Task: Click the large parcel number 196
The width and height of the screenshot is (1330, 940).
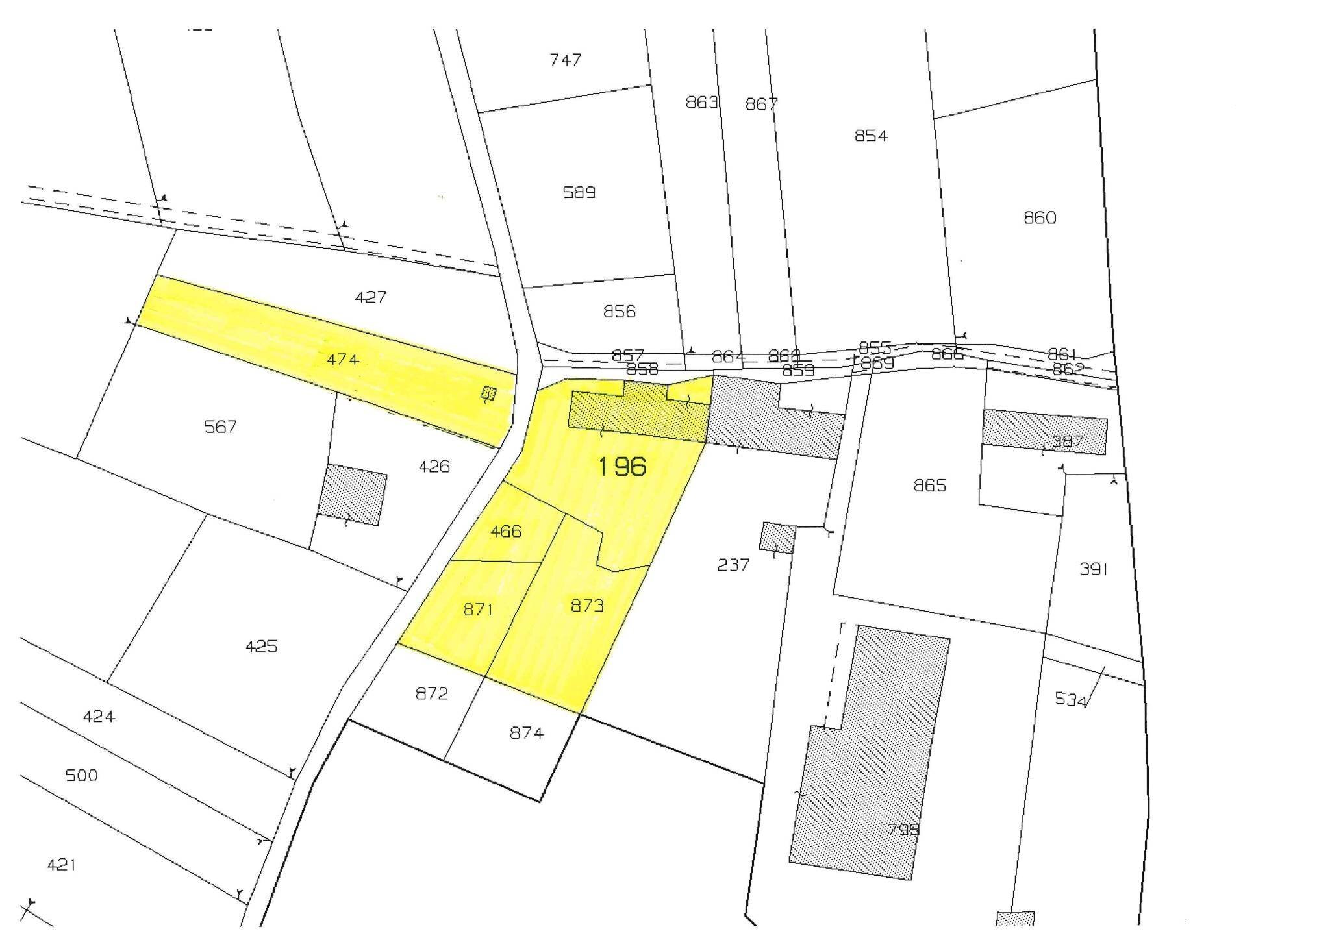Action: pos(621,466)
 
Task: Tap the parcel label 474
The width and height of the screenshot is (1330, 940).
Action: pos(342,359)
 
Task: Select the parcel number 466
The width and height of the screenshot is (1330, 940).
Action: pos(506,531)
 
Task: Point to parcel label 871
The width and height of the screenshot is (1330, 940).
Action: pos(478,609)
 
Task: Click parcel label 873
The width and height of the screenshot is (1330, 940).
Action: pos(587,605)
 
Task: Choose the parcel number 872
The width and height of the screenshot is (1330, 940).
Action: pos(432,693)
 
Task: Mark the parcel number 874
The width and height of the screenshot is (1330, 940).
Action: pos(526,732)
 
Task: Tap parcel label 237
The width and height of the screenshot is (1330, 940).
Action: pos(733,565)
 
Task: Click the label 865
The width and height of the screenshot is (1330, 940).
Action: pos(930,486)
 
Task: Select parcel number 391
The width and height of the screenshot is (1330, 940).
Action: pos(1093,569)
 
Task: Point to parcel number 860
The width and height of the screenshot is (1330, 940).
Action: pos(1040,217)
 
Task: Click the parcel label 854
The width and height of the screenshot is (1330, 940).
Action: pos(871,136)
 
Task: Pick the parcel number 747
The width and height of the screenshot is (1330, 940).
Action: pos(565,60)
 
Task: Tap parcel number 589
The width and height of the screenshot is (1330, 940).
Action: pos(579,192)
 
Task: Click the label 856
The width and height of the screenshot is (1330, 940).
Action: pos(619,312)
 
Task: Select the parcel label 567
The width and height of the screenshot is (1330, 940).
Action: pos(220,427)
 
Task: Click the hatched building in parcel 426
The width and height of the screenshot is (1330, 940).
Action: pos(353,495)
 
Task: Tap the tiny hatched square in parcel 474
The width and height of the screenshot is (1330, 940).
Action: pos(488,393)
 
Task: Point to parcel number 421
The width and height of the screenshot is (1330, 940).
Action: pos(62,864)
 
